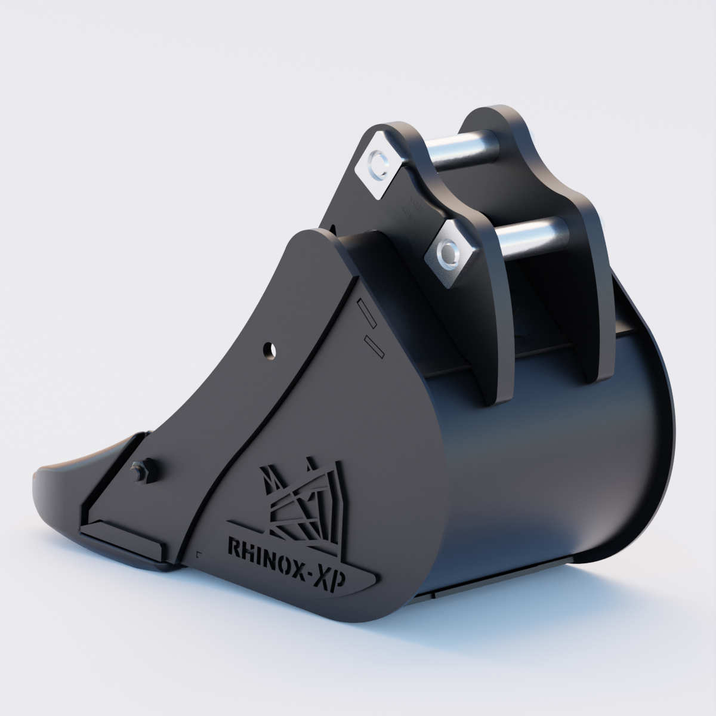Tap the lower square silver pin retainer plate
pos(450,253)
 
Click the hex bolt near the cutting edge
pos(144,471)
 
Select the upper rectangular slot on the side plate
pos(365,314)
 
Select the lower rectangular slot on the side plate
pos(373,346)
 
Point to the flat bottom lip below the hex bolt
pos(119,537)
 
